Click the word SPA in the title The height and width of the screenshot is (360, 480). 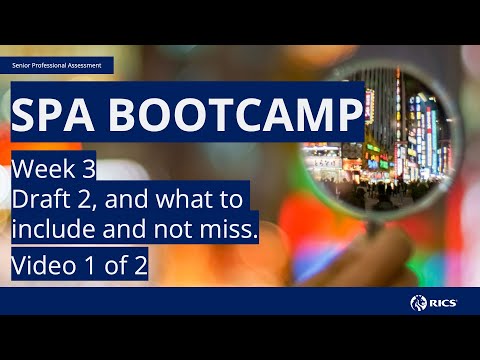[57, 116]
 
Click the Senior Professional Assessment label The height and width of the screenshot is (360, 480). [58, 65]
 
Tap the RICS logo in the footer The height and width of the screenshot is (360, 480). [438, 301]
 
